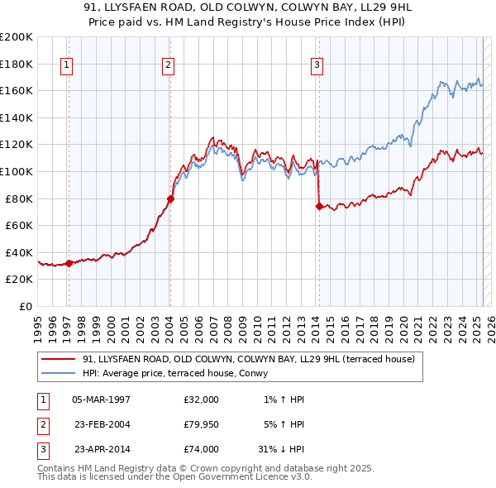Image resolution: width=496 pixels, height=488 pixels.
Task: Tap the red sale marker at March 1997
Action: click(x=69, y=263)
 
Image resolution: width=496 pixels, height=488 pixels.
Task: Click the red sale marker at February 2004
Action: click(x=170, y=199)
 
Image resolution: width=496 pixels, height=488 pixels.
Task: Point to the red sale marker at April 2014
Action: click(x=319, y=207)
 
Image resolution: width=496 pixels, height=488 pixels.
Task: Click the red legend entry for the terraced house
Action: click(x=253, y=359)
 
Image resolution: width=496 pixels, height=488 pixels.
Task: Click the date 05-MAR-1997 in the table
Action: click(x=101, y=399)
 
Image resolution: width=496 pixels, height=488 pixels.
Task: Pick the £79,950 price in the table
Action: click(x=201, y=424)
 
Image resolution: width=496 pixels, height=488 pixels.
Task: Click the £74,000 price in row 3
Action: click(x=201, y=449)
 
